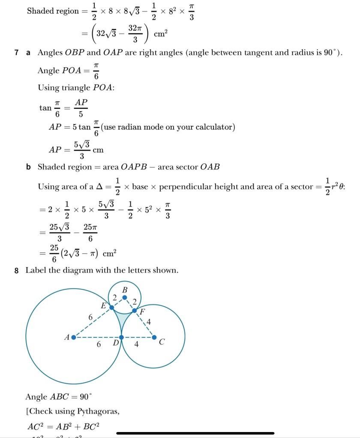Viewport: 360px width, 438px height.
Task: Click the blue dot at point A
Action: (x=74, y=337)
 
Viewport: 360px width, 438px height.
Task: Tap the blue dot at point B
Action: (x=125, y=297)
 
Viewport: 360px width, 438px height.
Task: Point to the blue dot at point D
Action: (x=121, y=337)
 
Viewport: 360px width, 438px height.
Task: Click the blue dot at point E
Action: (x=111, y=307)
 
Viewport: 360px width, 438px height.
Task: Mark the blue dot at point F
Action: (x=134, y=310)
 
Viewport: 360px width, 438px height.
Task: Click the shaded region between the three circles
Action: (x=122, y=319)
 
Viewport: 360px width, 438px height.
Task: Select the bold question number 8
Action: (x=16, y=270)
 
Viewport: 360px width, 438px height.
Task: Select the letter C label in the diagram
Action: (x=162, y=342)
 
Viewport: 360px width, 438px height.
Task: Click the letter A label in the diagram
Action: (x=66, y=337)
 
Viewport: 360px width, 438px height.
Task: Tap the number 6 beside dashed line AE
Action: (x=90, y=317)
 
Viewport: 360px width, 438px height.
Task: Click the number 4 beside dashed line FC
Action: (x=149, y=321)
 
